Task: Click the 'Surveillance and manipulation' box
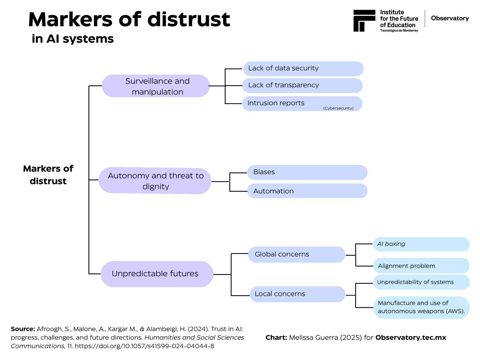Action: pos(155,86)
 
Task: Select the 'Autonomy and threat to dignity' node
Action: pos(154,181)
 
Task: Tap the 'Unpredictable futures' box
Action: pos(157,274)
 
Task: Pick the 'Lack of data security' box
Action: pos(303,69)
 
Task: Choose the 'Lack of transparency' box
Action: pos(302,85)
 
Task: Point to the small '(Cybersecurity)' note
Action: pos(338,108)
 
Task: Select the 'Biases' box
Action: pos(307,172)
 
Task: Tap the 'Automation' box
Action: pos(307,191)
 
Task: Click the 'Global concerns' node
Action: pos(296,254)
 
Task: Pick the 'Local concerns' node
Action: pos(297,294)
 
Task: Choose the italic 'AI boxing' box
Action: pos(421,244)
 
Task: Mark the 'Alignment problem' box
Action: pos(421,265)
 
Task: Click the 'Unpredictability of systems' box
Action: pos(421,282)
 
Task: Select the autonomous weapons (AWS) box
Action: pos(421,307)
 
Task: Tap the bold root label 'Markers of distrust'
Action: pos(48,175)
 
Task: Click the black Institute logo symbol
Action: pos(364,20)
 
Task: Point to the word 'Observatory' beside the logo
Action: pos(450,18)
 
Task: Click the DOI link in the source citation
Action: pos(144,346)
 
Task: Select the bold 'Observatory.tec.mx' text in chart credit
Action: pos(410,337)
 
